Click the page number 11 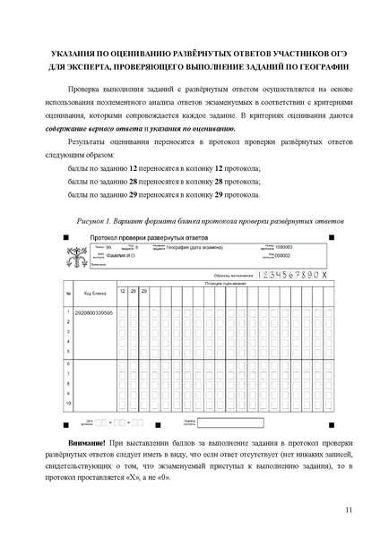tap(348, 509)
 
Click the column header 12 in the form tap(122, 291)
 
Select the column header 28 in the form tap(134, 291)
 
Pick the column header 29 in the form tap(145, 291)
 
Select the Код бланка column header tap(95, 292)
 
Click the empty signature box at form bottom tap(230, 422)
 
